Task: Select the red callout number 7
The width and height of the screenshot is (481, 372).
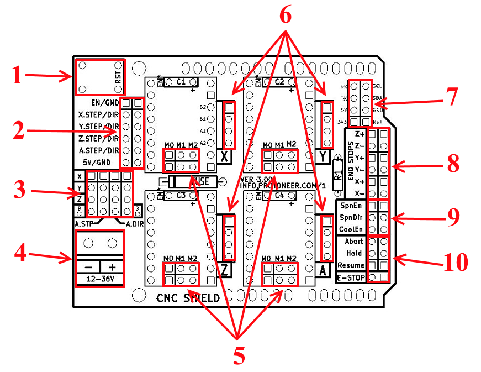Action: (452, 97)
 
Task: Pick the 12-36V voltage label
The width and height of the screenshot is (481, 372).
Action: (100, 280)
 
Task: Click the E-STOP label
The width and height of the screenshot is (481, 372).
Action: (351, 277)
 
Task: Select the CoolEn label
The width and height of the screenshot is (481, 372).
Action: (351, 229)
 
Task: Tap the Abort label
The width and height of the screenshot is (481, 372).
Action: (353, 242)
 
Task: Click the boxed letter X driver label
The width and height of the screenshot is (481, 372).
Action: (224, 157)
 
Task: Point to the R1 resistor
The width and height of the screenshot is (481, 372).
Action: (337, 175)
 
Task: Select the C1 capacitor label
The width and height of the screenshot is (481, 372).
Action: (181, 82)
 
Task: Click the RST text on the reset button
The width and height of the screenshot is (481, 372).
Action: (118, 76)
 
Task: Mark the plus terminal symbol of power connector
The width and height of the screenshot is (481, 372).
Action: (112, 266)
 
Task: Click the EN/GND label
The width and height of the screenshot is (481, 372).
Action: (104, 103)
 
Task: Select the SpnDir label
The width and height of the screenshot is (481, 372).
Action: (351, 217)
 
